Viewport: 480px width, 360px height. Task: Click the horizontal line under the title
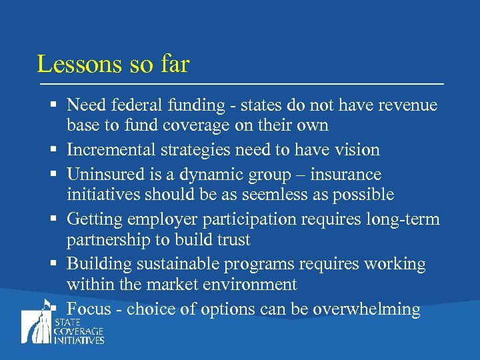click(240, 84)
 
